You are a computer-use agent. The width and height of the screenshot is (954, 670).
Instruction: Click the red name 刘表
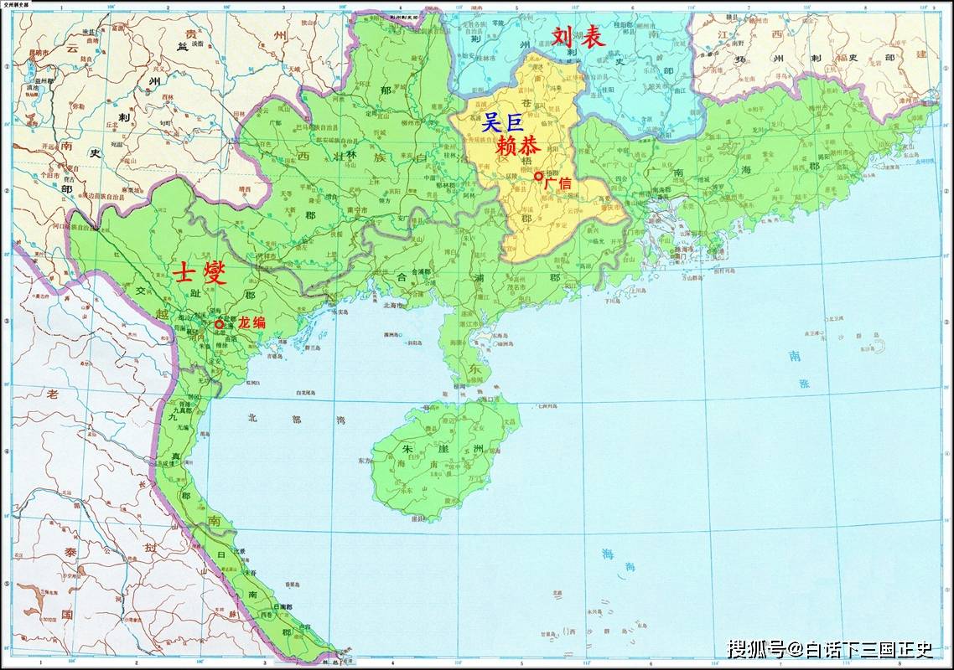578,37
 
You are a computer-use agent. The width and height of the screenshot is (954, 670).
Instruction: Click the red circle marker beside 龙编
219,324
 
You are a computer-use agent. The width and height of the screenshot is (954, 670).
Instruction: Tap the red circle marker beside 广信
538,176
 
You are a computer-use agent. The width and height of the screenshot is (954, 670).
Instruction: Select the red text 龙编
251,322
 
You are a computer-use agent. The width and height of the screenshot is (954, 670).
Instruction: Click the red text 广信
557,182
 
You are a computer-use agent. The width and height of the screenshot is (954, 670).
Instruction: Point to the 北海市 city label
391,306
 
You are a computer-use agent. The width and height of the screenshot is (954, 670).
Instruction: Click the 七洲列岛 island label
547,405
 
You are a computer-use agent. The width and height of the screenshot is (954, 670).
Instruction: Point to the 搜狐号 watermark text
754,649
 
